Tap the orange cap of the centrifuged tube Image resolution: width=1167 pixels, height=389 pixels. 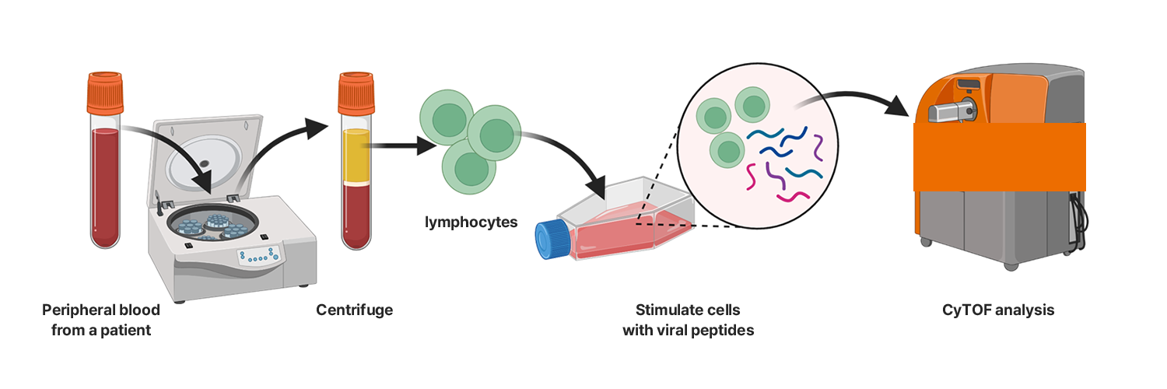[356, 91]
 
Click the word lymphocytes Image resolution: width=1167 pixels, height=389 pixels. [471, 223]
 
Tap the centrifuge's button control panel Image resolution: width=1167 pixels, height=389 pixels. [259, 256]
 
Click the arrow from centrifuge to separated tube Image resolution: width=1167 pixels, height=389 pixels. [280, 148]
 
